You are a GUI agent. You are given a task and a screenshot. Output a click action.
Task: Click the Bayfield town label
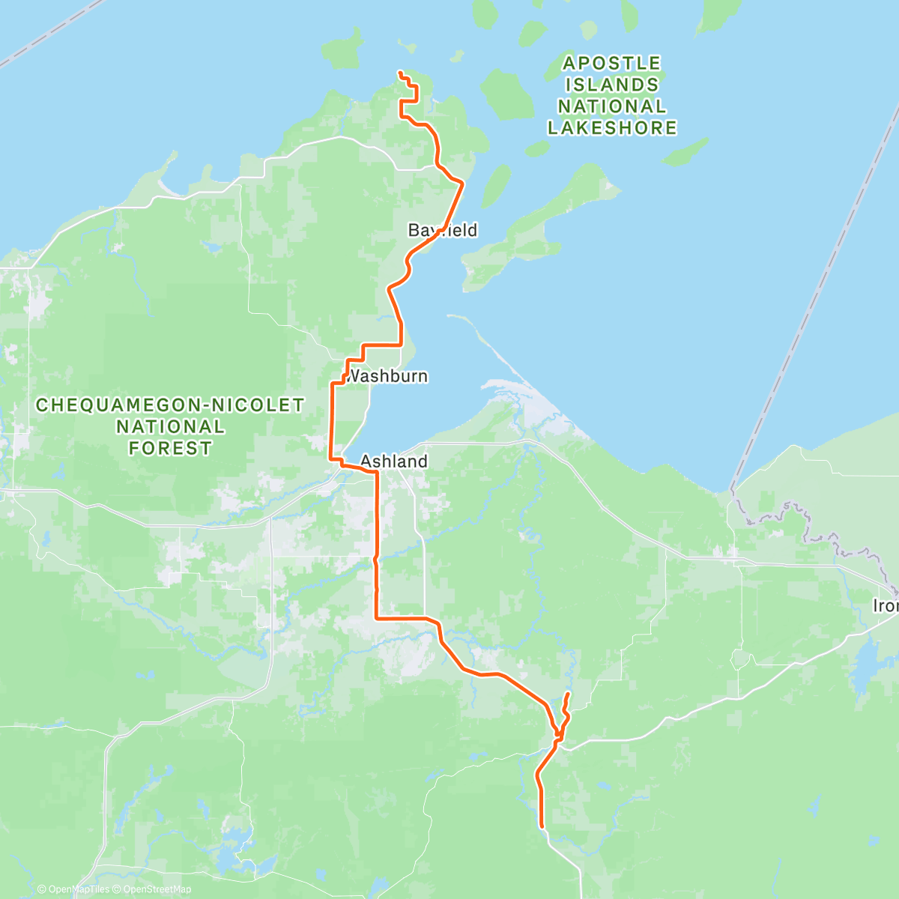pos(442,230)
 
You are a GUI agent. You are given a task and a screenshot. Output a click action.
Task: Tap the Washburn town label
pos(387,376)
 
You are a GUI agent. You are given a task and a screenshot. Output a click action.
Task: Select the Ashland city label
pos(394,461)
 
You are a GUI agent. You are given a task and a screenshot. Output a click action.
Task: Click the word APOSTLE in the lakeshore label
pos(612,63)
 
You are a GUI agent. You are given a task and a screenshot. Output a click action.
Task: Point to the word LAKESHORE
pos(612,128)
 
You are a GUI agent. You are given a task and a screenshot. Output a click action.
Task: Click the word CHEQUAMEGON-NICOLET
pos(170,405)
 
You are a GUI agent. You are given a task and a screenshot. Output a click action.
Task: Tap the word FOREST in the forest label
pos(170,449)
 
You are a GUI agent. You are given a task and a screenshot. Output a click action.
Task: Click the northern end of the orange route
pos(399,72)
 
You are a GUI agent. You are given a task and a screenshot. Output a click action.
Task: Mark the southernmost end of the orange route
pos(541,826)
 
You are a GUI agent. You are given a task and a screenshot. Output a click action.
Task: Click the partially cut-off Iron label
pos(886,605)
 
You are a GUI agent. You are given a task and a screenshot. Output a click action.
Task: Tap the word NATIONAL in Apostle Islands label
pos(612,106)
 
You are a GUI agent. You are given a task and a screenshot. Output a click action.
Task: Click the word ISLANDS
pos(612,85)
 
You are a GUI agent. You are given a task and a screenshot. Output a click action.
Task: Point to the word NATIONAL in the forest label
pos(170,427)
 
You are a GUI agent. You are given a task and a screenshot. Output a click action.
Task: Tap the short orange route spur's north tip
pos(569,694)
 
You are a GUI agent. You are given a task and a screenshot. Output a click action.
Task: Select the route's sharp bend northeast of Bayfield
pos(463,183)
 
